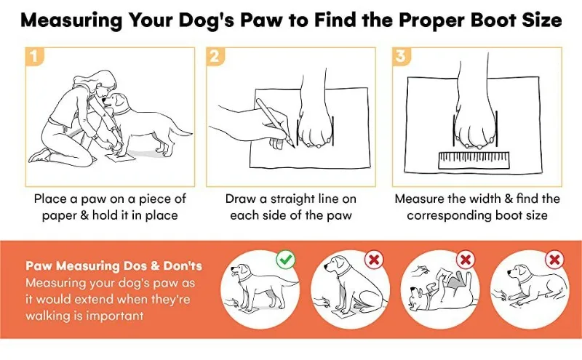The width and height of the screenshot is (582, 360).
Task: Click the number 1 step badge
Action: point(34,57)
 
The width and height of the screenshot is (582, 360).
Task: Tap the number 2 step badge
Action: point(215,57)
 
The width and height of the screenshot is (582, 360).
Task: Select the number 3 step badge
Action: point(402,57)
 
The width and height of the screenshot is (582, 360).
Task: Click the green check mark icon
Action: point(286,260)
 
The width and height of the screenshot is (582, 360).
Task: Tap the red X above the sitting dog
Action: point(374,260)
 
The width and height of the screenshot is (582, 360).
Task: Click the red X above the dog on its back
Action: point(466,260)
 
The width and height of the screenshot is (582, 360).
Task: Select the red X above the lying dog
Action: point(555,260)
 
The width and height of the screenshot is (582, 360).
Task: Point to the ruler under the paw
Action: point(474,160)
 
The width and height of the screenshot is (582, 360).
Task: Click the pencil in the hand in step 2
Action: point(276,123)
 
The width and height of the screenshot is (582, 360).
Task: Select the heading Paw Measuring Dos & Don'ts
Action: point(114,265)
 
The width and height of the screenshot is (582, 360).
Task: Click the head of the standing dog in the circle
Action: point(239,271)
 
